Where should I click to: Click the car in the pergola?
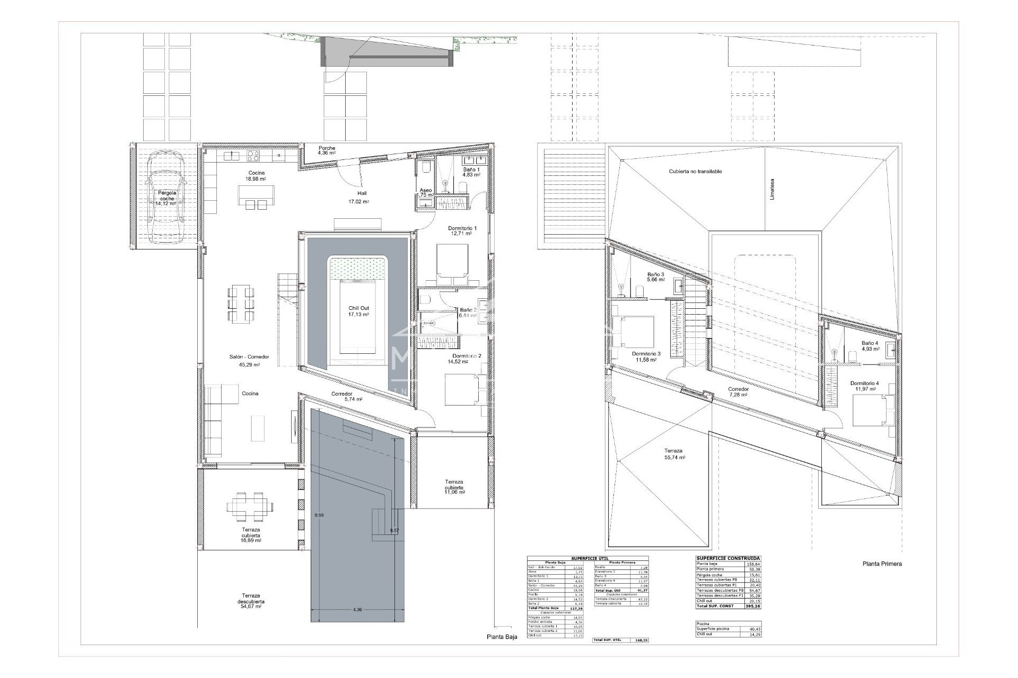[x=164, y=195]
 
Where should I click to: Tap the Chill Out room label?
[x=358, y=311]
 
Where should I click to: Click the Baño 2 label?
[x=468, y=313]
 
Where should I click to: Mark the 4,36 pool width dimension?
[x=357, y=610]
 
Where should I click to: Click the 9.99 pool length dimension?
[x=319, y=515]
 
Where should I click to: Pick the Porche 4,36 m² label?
[x=327, y=150]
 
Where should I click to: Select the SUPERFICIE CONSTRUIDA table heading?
[x=727, y=558]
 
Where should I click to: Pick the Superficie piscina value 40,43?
[x=753, y=629]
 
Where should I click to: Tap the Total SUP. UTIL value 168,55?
[x=641, y=640]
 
